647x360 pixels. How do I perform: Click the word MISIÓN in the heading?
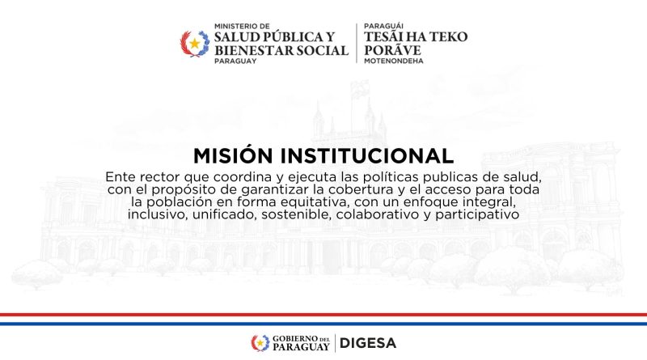pos(233,155)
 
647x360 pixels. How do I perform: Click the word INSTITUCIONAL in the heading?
pos(367,156)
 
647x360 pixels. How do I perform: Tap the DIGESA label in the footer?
pos(368,343)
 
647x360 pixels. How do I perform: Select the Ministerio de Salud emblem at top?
pos(195,44)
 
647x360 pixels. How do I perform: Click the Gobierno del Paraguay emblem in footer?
pos(260,343)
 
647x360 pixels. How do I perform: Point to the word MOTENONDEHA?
pos(394,61)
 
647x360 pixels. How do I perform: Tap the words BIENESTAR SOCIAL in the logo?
pos(281,50)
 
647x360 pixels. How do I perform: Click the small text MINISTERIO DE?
pos(242,26)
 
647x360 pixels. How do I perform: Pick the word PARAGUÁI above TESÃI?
pos(383,26)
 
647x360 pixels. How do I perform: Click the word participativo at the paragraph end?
pos(477,215)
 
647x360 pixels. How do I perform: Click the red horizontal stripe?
pos(323,315)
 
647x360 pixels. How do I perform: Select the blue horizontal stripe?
pos(323,324)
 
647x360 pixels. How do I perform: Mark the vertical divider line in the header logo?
pos(357,43)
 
